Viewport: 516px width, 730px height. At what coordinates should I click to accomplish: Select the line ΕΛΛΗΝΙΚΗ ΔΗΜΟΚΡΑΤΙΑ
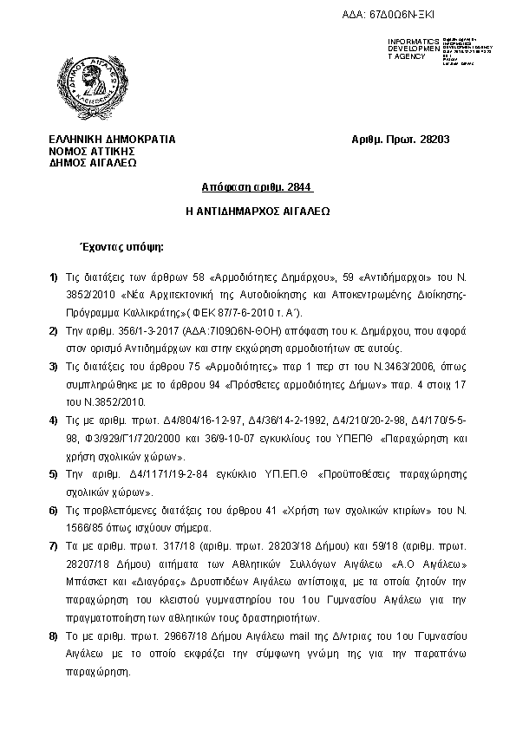point(113,140)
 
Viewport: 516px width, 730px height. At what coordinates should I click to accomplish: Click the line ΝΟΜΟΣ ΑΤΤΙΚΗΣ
point(92,151)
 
